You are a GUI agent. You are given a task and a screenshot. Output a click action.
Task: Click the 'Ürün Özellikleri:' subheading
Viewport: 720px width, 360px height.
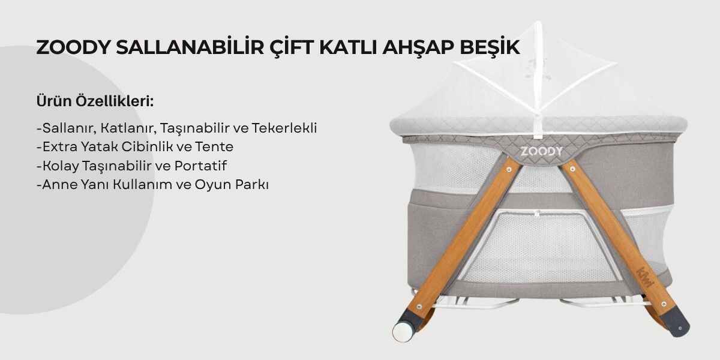95,101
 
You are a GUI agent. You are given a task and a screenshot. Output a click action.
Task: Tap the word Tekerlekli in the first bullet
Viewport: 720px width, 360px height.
284,128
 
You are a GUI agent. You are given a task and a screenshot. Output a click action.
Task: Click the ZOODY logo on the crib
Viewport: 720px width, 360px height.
541,150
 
